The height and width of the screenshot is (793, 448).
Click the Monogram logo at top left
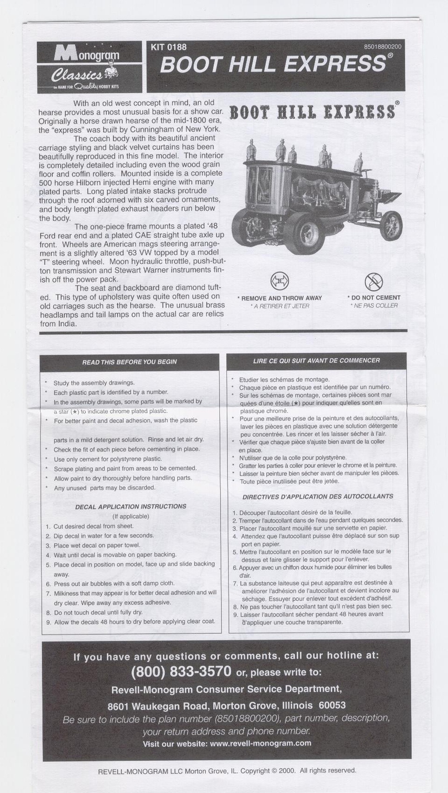click(89, 54)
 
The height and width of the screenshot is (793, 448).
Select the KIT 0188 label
click(169, 47)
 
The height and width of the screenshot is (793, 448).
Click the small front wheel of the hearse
click(390, 225)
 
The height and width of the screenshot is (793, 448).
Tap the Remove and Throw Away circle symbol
click(279, 280)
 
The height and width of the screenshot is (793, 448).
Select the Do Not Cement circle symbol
click(373, 282)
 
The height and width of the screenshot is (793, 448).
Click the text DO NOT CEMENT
click(375, 298)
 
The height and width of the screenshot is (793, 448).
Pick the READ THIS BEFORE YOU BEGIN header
click(130, 362)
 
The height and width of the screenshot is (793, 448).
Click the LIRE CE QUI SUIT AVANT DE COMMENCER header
click(316, 360)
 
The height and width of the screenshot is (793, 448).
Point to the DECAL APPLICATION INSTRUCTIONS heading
click(131, 506)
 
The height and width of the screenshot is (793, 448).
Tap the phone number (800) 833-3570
click(181, 672)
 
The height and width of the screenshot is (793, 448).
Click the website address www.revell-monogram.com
click(260, 743)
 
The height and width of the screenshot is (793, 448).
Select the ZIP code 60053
click(332, 706)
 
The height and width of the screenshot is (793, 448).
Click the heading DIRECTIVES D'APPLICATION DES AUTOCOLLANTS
click(317, 496)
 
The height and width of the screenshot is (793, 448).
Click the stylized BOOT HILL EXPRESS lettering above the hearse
click(312, 112)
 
